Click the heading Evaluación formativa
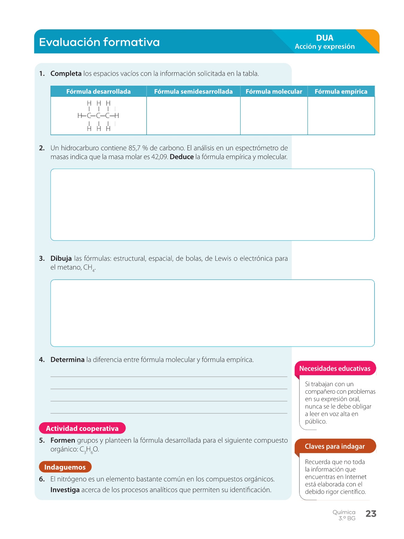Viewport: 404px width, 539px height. click(99, 42)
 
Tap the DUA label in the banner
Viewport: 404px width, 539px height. click(324, 38)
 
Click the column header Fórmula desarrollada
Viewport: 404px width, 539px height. click(98, 92)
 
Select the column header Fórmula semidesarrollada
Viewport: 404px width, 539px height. click(193, 92)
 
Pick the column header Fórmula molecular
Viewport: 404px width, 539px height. click(274, 92)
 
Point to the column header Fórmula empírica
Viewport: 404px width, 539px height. click(341, 92)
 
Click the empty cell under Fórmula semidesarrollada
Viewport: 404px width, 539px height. click(193, 116)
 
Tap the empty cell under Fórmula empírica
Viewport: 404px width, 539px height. click(341, 116)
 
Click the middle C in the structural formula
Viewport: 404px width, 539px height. click(98, 116)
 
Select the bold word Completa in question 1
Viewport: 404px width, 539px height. click(66, 74)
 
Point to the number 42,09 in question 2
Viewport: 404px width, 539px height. click(159, 157)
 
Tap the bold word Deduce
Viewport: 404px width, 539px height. click(182, 157)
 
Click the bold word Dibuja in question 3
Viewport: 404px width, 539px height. click(61, 258)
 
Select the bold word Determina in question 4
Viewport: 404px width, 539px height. click(67, 360)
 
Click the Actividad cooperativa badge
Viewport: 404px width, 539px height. click(82, 429)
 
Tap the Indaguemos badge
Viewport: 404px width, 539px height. click(65, 467)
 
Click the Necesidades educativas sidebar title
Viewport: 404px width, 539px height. click(335, 369)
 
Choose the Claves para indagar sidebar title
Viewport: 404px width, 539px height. click(335, 446)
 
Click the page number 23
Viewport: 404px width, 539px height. click(371, 514)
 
